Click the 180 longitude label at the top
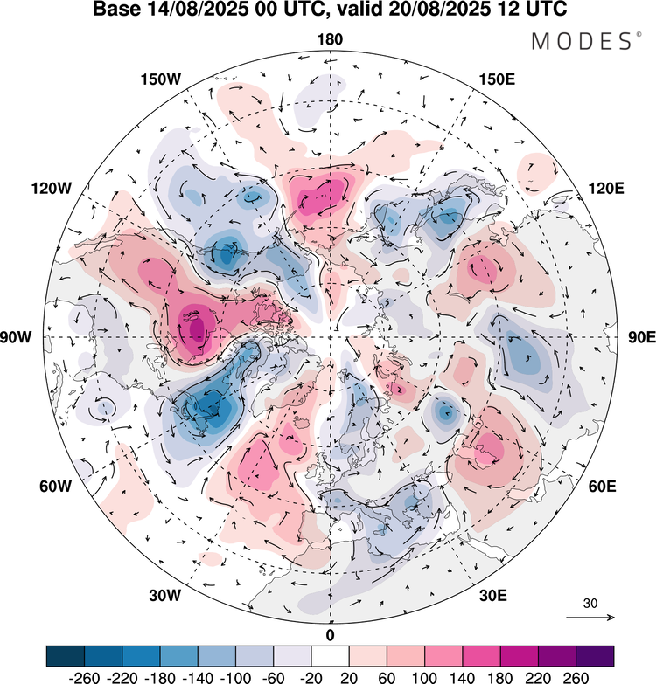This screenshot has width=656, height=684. pyautogui.click(x=330, y=39)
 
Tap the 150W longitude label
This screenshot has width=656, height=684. pyautogui.click(x=160, y=79)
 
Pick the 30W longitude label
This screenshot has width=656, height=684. pyautogui.click(x=164, y=596)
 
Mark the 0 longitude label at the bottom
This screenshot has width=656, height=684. pyautogui.click(x=330, y=634)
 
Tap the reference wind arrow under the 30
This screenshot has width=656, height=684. pyautogui.click(x=591, y=618)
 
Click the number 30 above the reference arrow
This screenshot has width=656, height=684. pyautogui.click(x=591, y=604)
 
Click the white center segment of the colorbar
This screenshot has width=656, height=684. pyautogui.click(x=330, y=655)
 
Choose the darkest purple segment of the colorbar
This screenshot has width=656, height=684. pyautogui.click(x=595, y=655)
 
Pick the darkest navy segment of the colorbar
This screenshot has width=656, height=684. pyautogui.click(x=66, y=655)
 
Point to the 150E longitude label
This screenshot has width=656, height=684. pyautogui.click(x=497, y=79)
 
